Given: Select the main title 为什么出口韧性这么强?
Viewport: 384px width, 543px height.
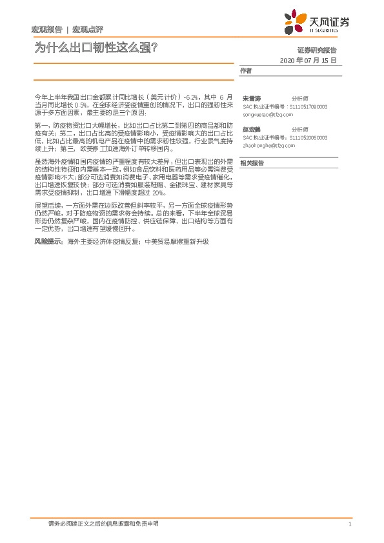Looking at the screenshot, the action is (96, 47).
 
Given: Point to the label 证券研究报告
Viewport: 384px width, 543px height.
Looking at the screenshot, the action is (317, 50).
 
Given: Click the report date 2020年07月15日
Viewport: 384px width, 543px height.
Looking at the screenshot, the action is (308, 60).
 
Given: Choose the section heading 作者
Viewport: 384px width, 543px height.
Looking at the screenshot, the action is (245, 70).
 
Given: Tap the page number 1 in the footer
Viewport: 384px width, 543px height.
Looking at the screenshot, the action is (349, 524).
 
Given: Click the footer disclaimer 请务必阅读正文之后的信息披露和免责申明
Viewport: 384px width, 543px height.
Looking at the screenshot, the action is (104, 524).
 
